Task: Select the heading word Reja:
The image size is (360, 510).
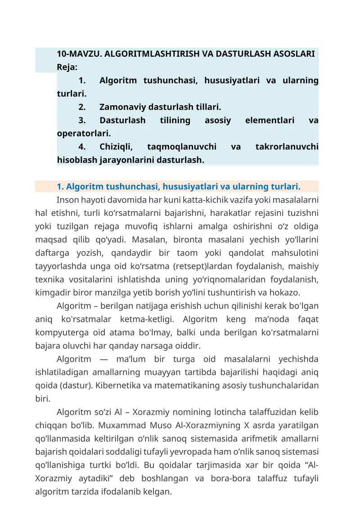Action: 67,67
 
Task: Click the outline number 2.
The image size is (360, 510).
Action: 82,107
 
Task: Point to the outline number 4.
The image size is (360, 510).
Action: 82,147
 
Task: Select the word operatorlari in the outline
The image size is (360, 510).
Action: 84,134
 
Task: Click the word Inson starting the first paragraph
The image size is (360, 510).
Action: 67,199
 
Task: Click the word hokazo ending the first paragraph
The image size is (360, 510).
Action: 284,292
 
